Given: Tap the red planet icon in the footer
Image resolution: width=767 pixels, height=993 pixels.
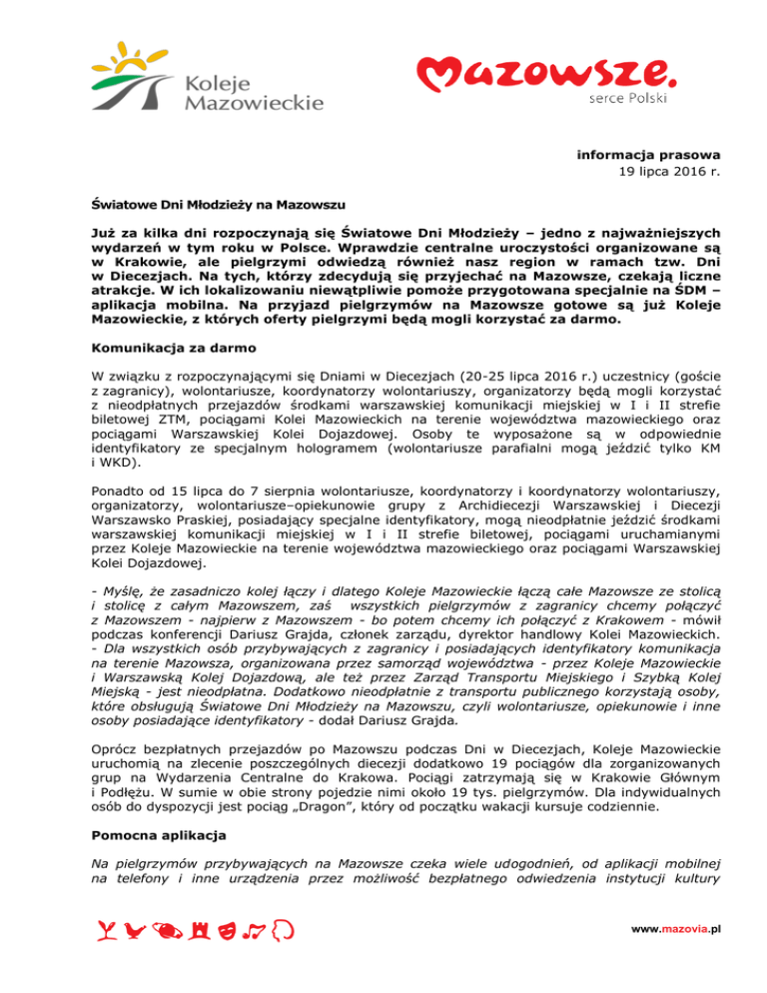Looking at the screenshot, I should [x=167, y=932].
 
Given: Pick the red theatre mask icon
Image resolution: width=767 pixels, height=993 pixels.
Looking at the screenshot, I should [x=226, y=932].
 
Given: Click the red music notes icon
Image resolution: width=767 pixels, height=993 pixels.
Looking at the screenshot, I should [x=255, y=932].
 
